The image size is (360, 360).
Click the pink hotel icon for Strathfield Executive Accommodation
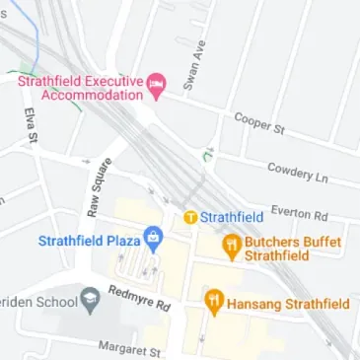click(x=156, y=88)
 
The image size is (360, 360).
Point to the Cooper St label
click(x=259, y=122)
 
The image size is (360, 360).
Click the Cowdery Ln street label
click(x=297, y=173)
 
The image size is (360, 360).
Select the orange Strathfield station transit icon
click(x=189, y=216)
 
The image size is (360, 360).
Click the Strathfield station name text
click(x=231, y=216)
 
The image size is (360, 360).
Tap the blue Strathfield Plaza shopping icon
click(x=153, y=238)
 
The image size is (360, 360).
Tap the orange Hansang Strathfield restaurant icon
click(x=214, y=302)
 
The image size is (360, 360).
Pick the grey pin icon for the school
click(x=91, y=297)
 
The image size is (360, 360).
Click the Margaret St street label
click(x=129, y=348)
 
